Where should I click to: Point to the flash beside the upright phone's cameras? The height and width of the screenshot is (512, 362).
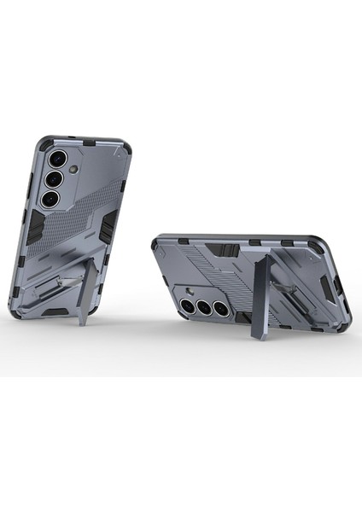coord(74,171)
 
